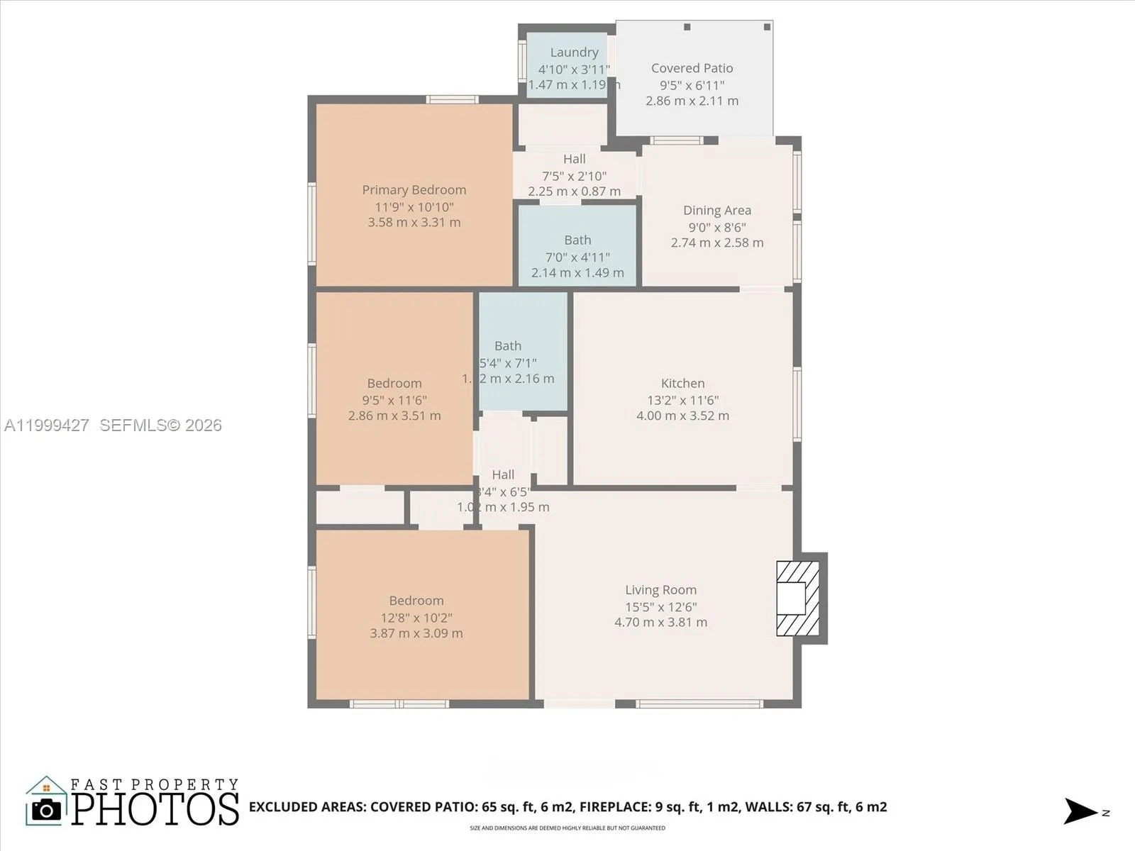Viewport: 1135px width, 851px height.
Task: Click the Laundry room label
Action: pyautogui.click(x=574, y=52)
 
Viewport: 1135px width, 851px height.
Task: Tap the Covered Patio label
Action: pyautogui.click(x=692, y=68)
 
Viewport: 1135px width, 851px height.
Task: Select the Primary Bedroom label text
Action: pyautogui.click(x=414, y=190)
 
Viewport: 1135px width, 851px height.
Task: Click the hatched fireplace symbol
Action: pyautogui.click(x=798, y=599)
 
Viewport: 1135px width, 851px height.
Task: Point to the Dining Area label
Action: pyautogui.click(x=716, y=211)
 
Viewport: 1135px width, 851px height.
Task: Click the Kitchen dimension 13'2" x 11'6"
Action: pyautogui.click(x=682, y=400)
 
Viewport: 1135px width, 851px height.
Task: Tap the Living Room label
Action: pyautogui.click(x=660, y=590)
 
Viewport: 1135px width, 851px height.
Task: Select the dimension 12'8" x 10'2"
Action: pyautogui.click(x=416, y=618)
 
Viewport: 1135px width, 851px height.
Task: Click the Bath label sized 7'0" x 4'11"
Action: pyautogui.click(x=577, y=240)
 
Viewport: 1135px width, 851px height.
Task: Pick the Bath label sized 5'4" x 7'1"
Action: pyautogui.click(x=508, y=346)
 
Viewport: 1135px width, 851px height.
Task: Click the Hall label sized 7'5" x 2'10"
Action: pyautogui.click(x=574, y=160)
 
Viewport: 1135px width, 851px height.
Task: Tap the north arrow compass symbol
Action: pyautogui.click(x=1081, y=811)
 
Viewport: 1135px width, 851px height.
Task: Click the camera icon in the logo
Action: pyautogui.click(x=47, y=809)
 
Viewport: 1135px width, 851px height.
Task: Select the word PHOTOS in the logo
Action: pyautogui.click(x=155, y=809)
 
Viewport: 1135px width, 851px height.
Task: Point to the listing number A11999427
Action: pyautogui.click(x=47, y=425)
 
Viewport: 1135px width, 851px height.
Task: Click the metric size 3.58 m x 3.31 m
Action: pyautogui.click(x=414, y=223)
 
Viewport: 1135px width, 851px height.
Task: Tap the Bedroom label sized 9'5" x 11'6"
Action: pyautogui.click(x=394, y=384)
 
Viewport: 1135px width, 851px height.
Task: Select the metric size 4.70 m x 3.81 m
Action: pyautogui.click(x=660, y=623)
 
